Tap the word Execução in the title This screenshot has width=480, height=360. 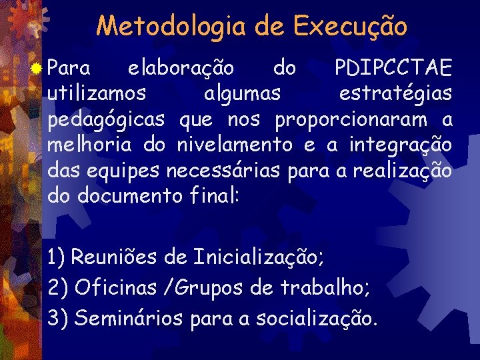(351, 26)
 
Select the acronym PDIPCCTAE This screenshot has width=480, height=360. (393, 68)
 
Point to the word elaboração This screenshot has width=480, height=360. (181, 68)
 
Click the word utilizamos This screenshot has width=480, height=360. (99, 94)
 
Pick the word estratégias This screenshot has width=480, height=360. (395, 94)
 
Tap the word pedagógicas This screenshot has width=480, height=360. (107, 120)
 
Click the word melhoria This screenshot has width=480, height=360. (87, 144)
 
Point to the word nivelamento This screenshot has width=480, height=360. (234, 144)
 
